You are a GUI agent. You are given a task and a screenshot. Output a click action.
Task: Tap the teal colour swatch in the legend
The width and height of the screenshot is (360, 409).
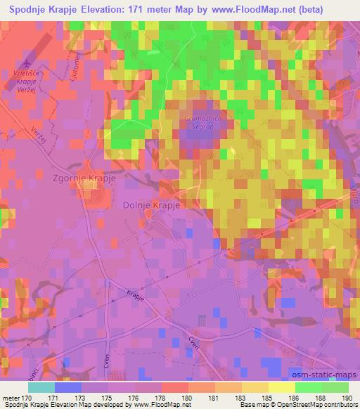click(x=41, y=387)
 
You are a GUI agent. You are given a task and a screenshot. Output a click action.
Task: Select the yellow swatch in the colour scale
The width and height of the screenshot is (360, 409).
click(x=282, y=387)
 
